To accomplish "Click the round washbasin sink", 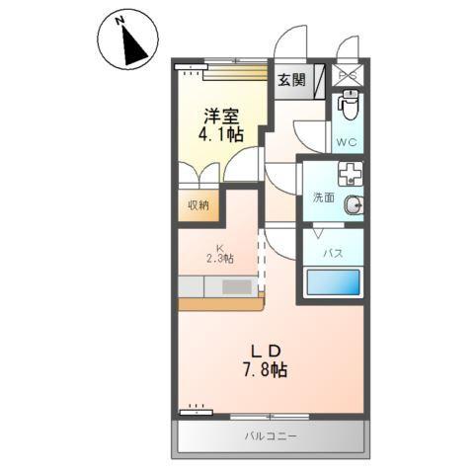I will (354, 204).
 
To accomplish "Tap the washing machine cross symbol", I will (350, 176).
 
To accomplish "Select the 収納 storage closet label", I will (198, 205).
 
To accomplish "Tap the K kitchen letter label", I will (220, 248).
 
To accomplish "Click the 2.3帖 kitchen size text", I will (220, 260).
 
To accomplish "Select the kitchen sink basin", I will (237, 287).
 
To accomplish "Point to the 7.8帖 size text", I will (266, 372).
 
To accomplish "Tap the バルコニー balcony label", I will (272, 435).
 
